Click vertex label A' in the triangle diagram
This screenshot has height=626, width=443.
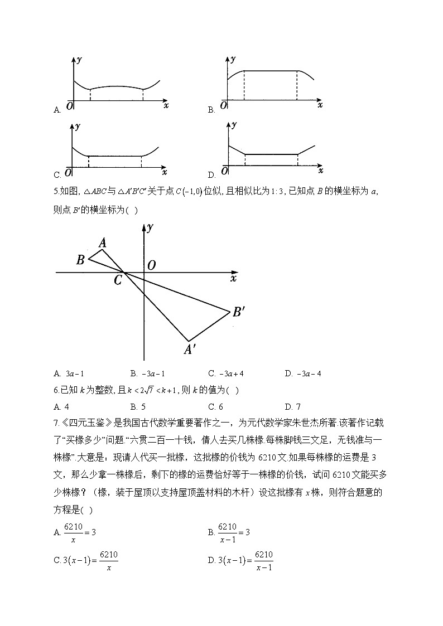pos(190,350)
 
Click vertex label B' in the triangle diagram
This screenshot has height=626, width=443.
pos(239,312)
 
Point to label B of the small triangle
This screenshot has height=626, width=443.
pos(80,259)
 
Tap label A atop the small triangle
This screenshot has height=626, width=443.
pos(103,242)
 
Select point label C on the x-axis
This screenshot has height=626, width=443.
pos(118,280)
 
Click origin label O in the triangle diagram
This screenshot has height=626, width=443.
pos(151,265)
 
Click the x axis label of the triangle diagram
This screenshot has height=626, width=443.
pos(233,278)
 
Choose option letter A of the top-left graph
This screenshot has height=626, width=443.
pos(57,110)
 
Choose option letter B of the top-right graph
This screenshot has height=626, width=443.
pos(211,110)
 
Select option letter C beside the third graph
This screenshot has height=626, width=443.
pos(57,174)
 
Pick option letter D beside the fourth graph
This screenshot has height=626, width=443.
pos(211,174)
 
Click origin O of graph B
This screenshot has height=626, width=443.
pos(224,105)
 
